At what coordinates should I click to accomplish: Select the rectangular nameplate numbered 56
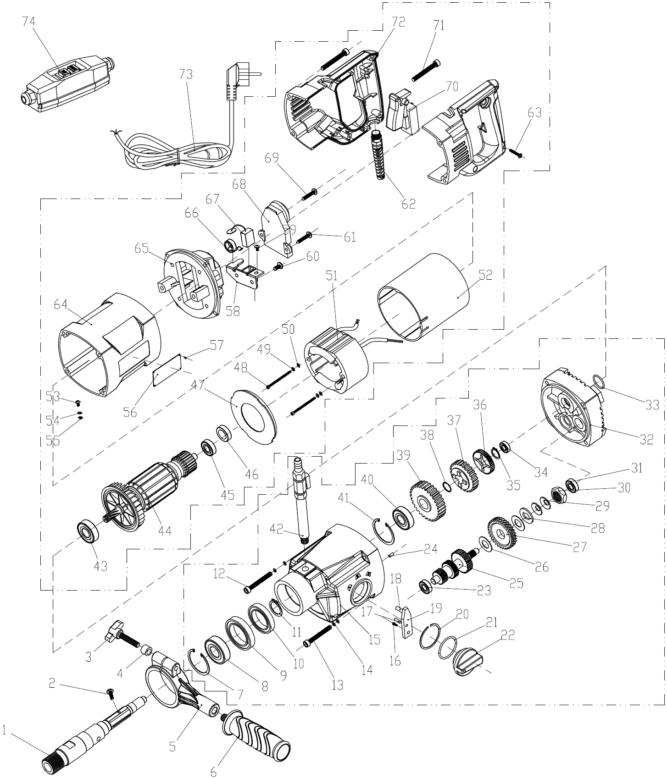(x=167, y=373)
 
